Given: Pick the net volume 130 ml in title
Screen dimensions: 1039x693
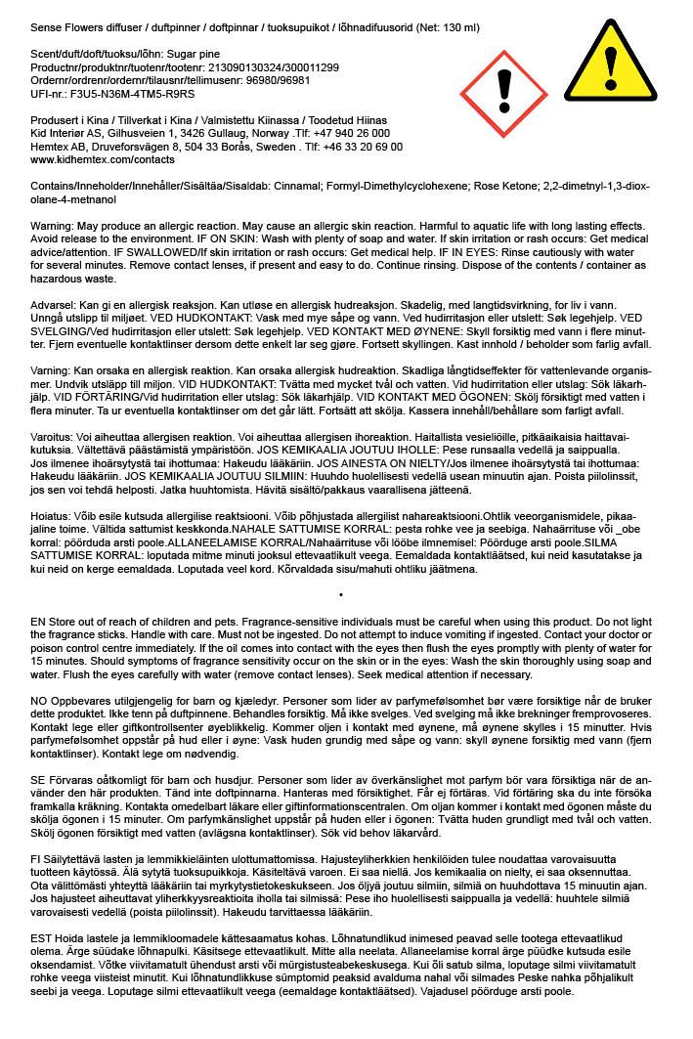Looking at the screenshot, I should tap(456, 28).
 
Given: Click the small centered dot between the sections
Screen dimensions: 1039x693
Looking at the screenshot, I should tap(339, 593).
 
